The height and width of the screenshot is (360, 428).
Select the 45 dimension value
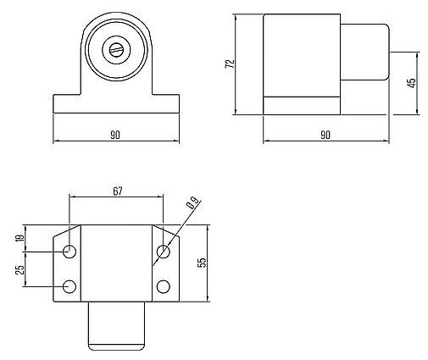[x=412, y=83]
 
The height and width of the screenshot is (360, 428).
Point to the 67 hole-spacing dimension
[x=117, y=191]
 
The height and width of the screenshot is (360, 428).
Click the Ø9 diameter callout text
[x=192, y=204]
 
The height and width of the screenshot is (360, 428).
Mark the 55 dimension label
[x=201, y=263]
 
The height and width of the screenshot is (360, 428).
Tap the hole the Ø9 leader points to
[x=164, y=252]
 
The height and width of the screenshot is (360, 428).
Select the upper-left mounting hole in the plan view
[x=69, y=252]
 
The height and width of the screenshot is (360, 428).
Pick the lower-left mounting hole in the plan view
[x=69, y=285]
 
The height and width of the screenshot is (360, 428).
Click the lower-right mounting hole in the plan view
[x=164, y=285]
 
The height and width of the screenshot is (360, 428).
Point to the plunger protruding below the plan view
[x=117, y=326]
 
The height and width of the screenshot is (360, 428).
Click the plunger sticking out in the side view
[x=364, y=59]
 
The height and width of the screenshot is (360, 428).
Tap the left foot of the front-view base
[x=66, y=104]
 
